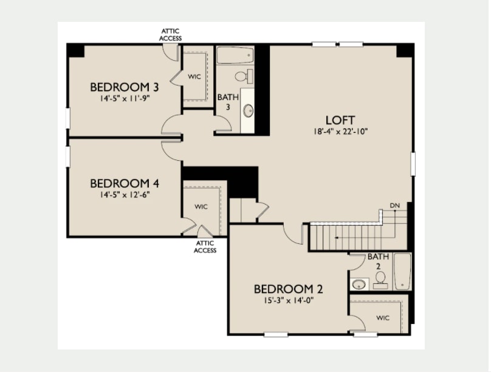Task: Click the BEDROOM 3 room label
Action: [x=125, y=87]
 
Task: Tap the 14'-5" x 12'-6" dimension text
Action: [x=125, y=195]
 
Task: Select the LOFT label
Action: [x=340, y=120]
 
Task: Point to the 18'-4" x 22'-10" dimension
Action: [x=340, y=131]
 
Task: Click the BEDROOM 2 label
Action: [x=288, y=289]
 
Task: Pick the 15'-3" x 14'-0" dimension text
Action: [x=289, y=300]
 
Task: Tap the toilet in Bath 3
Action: [x=244, y=76]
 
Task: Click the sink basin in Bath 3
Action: [x=249, y=110]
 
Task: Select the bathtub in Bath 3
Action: [x=235, y=55]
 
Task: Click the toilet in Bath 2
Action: [x=380, y=280]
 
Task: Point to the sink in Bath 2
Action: [x=359, y=285]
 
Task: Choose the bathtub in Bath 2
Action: [x=402, y=271]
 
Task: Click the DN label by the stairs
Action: [x=394, y=206]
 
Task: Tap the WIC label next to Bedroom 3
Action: [x=194, y=76]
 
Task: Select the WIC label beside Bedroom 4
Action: [x=201, y=207]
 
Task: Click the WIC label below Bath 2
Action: [x=383, y=318]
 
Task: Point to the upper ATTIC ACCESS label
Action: [x=170, y=35]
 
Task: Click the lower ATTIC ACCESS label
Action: [x=205, y=247]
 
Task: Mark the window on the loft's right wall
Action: [x=413, y=164]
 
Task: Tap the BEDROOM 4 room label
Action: [x=125, y=183]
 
